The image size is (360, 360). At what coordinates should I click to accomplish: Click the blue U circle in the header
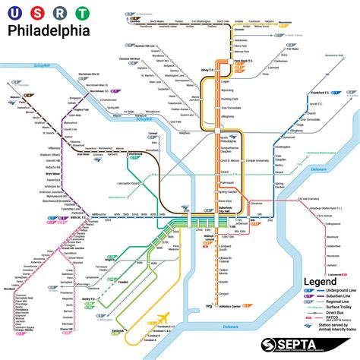[x=14, y=12]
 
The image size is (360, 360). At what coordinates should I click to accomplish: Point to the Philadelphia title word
[x=48, y=30]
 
